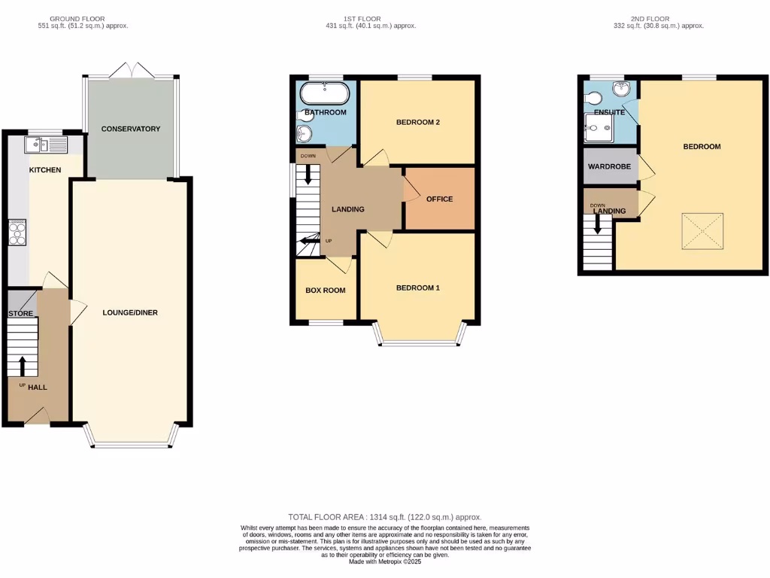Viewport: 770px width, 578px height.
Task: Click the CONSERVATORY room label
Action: point(131,129)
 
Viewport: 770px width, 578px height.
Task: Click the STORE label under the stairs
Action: point(20,313)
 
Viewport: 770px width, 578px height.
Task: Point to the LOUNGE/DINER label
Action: point(130,312)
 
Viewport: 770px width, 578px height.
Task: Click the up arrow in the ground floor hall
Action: point(22,366)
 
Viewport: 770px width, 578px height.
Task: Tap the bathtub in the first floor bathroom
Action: point(324,94)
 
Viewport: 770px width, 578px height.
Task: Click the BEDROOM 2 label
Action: point(417,122)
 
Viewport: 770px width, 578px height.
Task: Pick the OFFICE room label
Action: point(439,199)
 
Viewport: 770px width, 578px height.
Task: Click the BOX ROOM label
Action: point(325,290)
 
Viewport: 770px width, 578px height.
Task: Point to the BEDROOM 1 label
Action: point(417,288)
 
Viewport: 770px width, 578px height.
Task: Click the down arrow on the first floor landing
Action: point(308,174)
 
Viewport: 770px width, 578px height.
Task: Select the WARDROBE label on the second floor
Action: point(609,166)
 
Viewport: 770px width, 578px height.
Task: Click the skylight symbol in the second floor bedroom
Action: point(704,233)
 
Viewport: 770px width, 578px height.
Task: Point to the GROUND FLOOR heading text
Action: point(77,19)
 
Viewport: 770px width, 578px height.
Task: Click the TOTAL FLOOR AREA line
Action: point(384,517)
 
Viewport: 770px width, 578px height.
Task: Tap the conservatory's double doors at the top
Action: point(131,70)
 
